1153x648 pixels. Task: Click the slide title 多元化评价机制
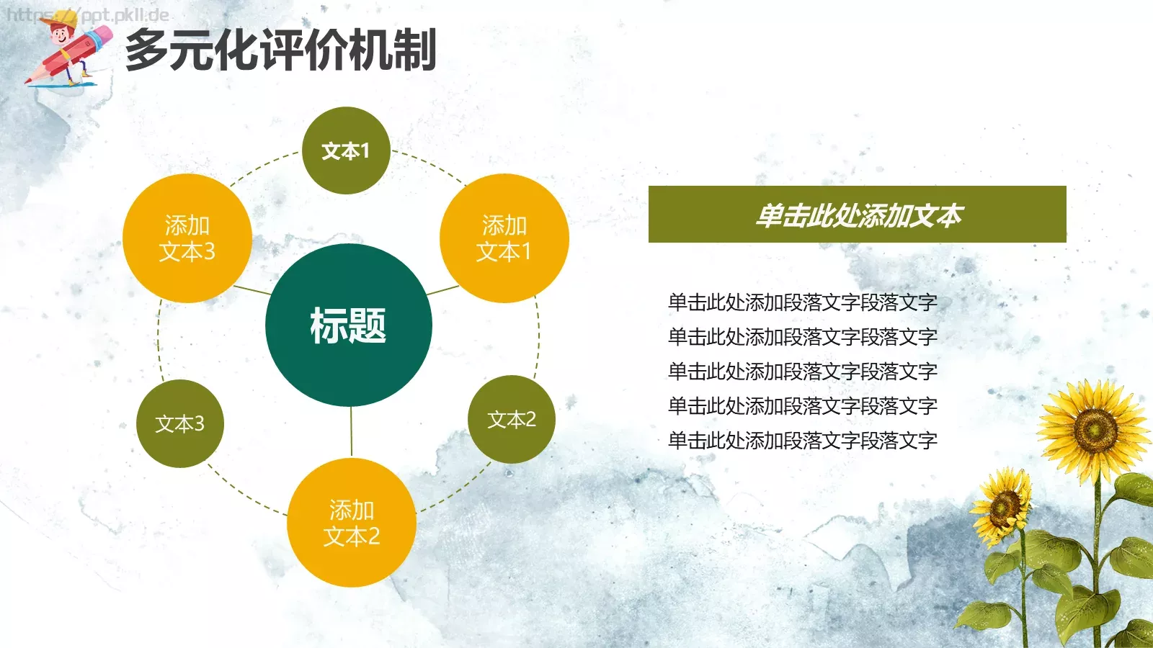(281, 50)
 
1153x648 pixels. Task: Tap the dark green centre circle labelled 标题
(349, 325)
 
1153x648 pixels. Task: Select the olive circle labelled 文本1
(346, 150)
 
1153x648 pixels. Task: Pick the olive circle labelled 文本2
(512, 419)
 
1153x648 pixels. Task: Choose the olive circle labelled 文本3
(180, 423)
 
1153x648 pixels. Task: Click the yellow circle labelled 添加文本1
(504, 238)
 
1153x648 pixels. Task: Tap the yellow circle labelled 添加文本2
(352, 523)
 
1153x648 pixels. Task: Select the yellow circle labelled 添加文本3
(187, 238)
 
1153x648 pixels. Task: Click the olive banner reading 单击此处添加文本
(857, 215)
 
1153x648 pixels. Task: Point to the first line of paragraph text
(802, 302)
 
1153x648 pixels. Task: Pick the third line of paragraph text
(802, 372)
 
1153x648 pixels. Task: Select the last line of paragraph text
(802, 441)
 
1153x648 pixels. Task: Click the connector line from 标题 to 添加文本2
(351, 432)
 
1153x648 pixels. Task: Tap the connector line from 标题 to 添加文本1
(442, 291)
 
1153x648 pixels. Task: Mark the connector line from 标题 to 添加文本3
(252, 290)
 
